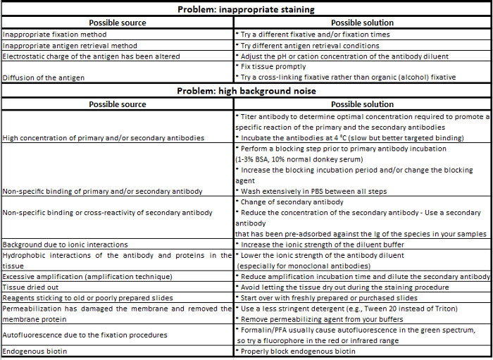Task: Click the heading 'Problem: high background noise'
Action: pyautogui.click(x=246, y=92)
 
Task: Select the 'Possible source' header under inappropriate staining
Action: pyautogui.click(x=117, y=22)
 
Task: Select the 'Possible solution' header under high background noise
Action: pyautogui.click(x=362, y=104)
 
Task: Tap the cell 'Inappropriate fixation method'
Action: pyautogui.click(x=54, y=34)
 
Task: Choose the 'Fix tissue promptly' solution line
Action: pyautogui.click(x=279, y=66)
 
